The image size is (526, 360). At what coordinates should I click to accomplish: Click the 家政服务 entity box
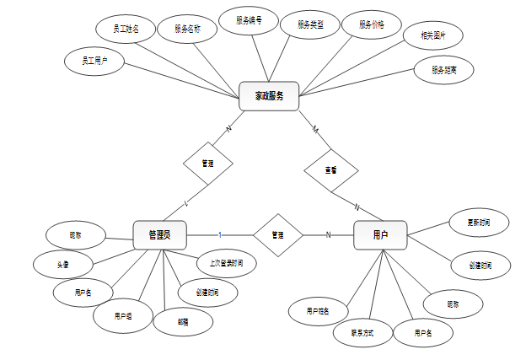pos(271,96)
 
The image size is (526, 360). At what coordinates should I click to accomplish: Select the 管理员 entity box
pos(159,234)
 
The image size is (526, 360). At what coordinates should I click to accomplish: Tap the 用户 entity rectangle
pos(380,234)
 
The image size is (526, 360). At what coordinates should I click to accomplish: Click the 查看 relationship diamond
pos(331,169)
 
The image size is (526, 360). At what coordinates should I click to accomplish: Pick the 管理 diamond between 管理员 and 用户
pos(277,234)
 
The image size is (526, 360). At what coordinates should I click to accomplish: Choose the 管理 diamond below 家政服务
pos(207,163)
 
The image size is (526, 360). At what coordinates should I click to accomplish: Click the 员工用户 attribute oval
pos(94,61)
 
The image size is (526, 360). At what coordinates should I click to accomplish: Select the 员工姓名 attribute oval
pos(126,29)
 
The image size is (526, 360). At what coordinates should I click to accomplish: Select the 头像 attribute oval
pos(63,264)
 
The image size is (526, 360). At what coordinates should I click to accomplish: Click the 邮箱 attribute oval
pos(183,321)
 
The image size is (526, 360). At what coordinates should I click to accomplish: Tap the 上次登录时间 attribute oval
pos(226,263)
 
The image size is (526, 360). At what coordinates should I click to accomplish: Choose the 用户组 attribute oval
pos(123,316)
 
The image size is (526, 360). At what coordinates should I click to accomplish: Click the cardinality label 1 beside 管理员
pos(220,234)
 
